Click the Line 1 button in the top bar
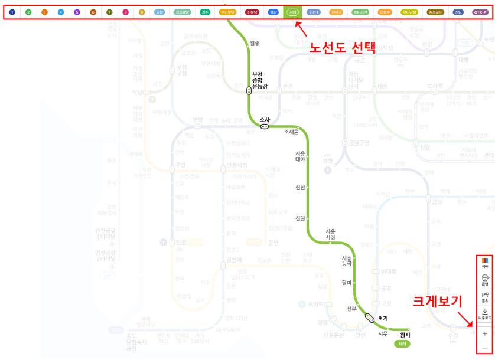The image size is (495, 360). pyautogui.click(x=12, y=12)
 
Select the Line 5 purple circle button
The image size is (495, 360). pyautogui.click(x=77, y=12)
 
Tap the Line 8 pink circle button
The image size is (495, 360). pyautogui.click(x=125, y=12)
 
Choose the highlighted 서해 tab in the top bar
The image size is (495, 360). pyautogui.click(x=292, y=12)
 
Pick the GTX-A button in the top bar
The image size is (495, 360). pyautogui.click(x=480, y=12)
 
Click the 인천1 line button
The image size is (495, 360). pyautogui.click(x=315, y=12)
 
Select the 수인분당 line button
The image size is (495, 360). pyautogui.click(x=227, y=12)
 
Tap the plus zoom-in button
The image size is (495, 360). pyautogui.click(x=485, y=333)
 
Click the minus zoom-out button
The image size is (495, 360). pyautogui.click(x=485, y=348)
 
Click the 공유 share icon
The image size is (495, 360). pyautogui.click(x=485, y=296)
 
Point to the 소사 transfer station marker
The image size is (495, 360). pyautogui.click(x=265, y=126)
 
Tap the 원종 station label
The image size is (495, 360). pyautogui.click(x=255, y=43)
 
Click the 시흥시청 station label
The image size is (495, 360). pyautogui.click(x=331, y=234)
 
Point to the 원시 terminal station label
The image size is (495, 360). pyautogui.click(x=405, y=335)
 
